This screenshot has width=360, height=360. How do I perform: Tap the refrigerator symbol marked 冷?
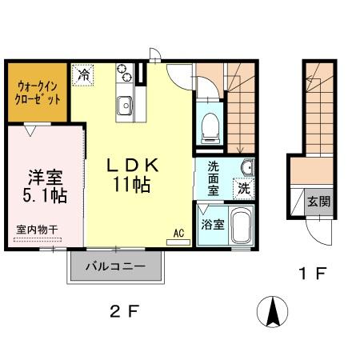click(84, 75)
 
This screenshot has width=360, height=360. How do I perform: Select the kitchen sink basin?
click(125, 106)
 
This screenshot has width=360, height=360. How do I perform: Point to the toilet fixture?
click(210, 124)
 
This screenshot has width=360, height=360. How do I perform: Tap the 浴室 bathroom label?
click(212, 225)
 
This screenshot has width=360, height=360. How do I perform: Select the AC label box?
click(179, 234)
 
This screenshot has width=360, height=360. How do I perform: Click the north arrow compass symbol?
click(273, 310)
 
